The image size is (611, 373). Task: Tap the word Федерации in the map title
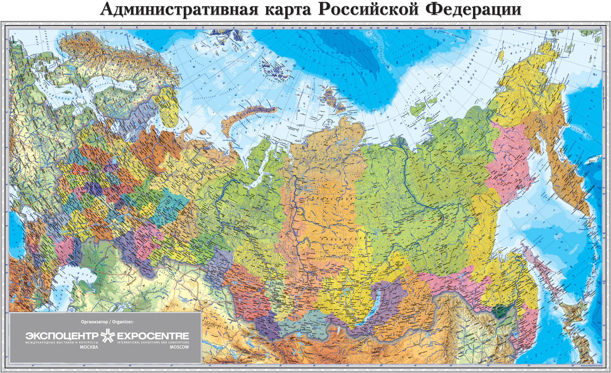point(473,9)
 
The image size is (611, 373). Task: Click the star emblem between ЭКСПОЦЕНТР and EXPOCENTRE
point(108,336)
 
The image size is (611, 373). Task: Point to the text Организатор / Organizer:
point(107,322)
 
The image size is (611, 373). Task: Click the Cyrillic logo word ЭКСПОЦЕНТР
point(62,336)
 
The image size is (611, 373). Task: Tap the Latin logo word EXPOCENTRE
point(153,336)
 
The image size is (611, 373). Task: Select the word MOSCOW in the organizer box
point(179,347)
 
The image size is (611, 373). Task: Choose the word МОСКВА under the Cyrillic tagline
point(89,347)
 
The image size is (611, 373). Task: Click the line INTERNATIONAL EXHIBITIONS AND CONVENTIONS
point(153,343)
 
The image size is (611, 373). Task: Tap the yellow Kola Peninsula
point(169,104)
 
